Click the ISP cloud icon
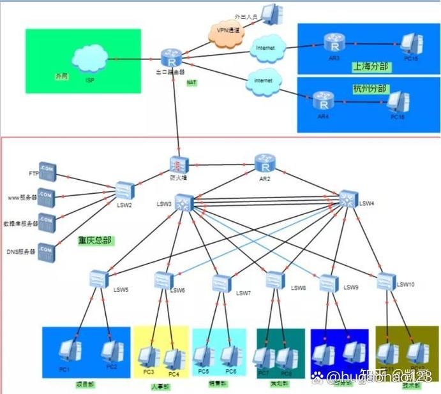point(89,59)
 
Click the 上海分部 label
point(371,66)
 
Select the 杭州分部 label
point(370,87)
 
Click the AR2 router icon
point(264,163)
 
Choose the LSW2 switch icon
point(125,190)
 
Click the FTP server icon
point(47,171)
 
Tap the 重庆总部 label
point(95,241)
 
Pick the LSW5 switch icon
point(99,279)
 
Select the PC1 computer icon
point(69,350)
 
